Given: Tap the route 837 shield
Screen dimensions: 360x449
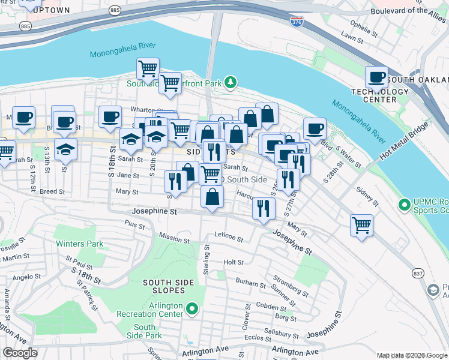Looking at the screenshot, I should point(417,273).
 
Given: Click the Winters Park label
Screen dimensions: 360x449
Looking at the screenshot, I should point(79,244).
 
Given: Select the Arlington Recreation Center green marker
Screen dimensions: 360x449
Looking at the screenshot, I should point(192,309).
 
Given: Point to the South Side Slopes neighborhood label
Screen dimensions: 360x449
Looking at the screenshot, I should point(170,287).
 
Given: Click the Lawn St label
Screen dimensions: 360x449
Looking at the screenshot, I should point(353,37).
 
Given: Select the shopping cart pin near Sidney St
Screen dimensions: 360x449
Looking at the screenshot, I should point(361,226).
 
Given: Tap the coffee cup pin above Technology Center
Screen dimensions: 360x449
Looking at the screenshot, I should point(376,77).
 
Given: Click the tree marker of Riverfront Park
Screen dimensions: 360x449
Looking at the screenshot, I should point(229,83).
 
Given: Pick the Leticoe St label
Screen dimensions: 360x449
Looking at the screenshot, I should point(228,239).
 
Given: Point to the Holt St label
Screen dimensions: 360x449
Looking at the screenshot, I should point(233,262).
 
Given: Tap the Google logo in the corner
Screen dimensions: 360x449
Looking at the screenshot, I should point(20,353).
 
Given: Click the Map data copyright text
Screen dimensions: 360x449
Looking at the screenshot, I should point(412,355).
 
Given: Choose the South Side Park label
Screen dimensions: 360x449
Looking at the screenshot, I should point(145,332).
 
